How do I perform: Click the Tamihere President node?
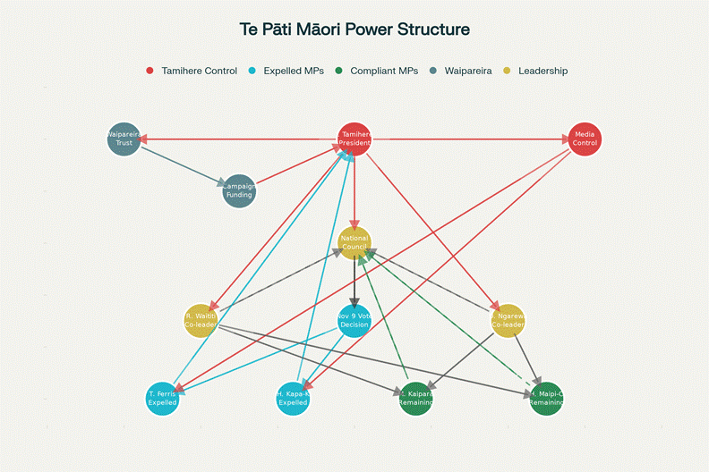tap(354, 139)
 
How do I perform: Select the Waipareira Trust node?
tap(124, 139)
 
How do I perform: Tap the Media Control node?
tap(585, 139)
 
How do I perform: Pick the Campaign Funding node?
tap(239, 190)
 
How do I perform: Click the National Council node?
tap(354, 242)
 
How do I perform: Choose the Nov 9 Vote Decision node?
tap(354, 320)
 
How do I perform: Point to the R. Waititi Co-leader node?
tap(201, 320)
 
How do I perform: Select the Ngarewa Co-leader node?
tap(508, 320)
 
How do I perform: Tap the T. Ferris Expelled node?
tap(162, 398)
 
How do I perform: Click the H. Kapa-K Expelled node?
tap(293, 398)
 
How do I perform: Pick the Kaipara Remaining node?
tap(416, 398)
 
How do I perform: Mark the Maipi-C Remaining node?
tap(546, 398)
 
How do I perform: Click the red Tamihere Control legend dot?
tap(149, 71)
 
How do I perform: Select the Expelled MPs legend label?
tap(294, 71)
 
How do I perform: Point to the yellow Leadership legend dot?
tap(507, 71)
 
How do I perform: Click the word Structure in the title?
tap(434, 29)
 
